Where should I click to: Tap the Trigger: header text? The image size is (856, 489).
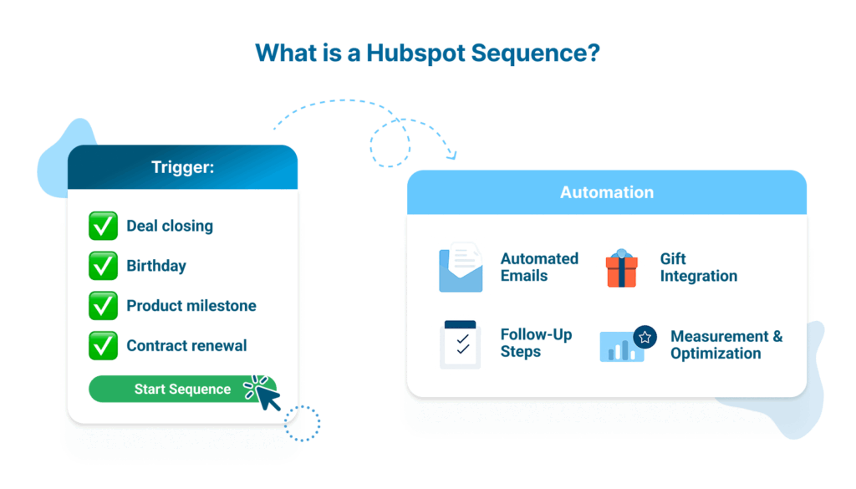tap(182, 167)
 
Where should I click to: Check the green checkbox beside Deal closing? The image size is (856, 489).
tap(104, 226)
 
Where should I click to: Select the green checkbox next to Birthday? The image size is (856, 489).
tap(104, 266)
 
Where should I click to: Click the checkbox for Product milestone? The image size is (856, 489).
tap(104, 306)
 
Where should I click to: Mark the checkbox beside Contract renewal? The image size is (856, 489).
tap(104, 345)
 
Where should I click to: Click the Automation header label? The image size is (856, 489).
tap(607, 192)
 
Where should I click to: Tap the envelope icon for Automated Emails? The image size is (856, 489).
tap(461, 267)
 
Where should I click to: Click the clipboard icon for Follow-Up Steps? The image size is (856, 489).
tap(460, 344)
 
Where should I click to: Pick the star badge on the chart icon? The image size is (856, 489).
tap(645, 337)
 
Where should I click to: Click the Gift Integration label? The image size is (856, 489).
tap(698, 267)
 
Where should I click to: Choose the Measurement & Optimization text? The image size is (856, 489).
tap(726, 344)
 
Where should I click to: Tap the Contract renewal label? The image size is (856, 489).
tap(186, 345)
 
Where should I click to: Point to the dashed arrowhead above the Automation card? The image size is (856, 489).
tap(452, 155)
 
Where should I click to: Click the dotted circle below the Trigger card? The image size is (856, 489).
tap(302, 423)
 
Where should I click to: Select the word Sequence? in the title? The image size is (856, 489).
tap(536, 53)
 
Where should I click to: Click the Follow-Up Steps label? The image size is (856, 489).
tap(536, 343)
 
